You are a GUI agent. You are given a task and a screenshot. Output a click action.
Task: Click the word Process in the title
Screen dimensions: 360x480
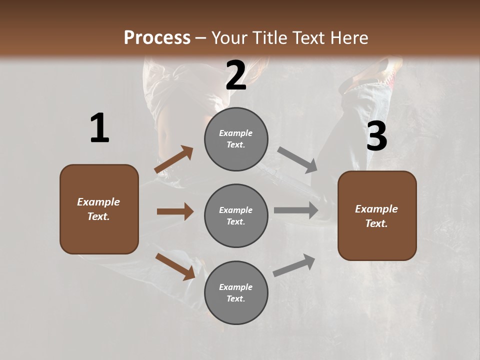click(157, 37)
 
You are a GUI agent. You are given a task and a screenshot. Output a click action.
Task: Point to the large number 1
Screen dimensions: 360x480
click(99, 128)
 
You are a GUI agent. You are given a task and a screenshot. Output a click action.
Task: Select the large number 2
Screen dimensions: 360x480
click(236, 75)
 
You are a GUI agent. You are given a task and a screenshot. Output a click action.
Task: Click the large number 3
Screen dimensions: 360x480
click(376, 136)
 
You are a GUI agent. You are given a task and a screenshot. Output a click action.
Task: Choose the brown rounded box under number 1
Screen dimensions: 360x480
click(99, 209)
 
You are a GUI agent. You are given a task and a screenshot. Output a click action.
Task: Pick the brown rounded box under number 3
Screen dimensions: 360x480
click(377, 215)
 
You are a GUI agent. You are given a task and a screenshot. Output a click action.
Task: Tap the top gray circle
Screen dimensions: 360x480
click(236, 139)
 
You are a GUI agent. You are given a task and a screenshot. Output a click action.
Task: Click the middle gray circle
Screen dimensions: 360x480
click(236, 215)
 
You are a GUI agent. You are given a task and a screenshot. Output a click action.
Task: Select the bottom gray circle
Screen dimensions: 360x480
click(236, 292)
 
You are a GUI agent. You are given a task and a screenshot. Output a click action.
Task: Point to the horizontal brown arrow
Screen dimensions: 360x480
click(175, 211)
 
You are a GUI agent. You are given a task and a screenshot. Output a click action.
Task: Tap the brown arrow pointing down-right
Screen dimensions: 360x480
click(175, 266)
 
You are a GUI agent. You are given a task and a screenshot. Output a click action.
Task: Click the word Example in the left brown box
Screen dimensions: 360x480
click(98, 202)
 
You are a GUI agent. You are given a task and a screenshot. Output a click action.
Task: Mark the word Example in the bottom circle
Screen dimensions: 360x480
click(236, 287)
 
